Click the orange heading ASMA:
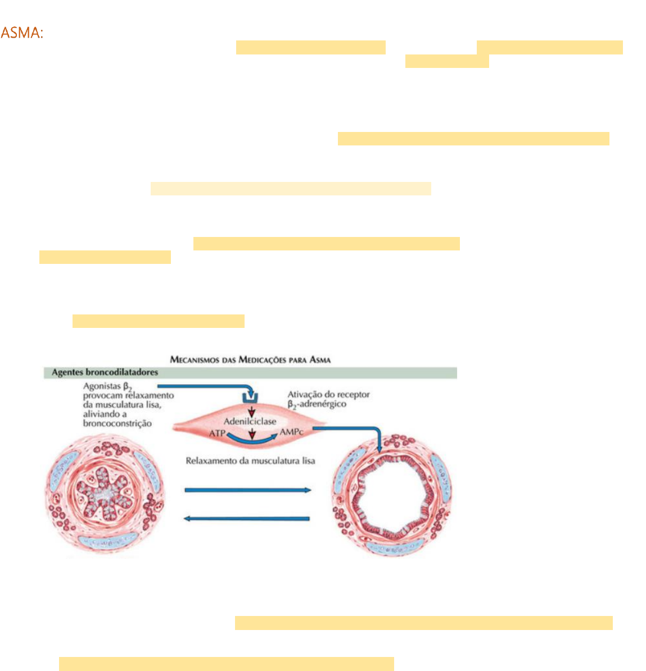pyautogui.click(x=22, y=33)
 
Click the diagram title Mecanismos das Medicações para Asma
pyautogui.click(x=250, y=359)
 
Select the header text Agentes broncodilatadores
pyautogui.click(x=105, y=372)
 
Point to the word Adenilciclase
pyautogui.click(x=250, y=421)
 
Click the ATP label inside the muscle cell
pyautogui.click(x=217, y=433)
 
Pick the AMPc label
pyautogui.click(x=292, y=433)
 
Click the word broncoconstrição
pyautogui.click(x=117, y=423)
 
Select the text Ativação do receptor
pyautogui.click(x=328, y=395)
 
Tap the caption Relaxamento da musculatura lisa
pyautogui.click(x=250, y=461)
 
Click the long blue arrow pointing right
pyautogui.click(x=247, y=490)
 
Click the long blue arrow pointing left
pyautogui.click(x=247, y=518)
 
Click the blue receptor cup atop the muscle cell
pyautogui.click(x=250, y=398)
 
